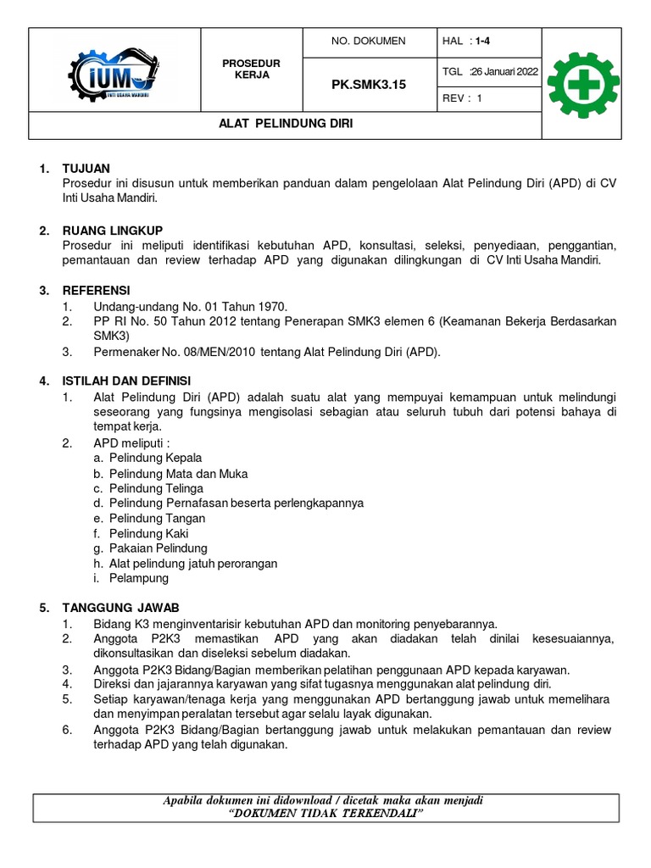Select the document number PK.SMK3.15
click(369, 85)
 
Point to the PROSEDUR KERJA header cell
click(251, 70)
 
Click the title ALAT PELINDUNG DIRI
click(286, 124)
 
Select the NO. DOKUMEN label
click(369, 41)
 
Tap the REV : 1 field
click(463, 98)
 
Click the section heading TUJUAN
click(86, 169)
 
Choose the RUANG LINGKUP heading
click(113, 231)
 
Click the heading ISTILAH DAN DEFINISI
click(127, 382)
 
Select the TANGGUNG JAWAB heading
click(121, 609)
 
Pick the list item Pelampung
click(138, 578)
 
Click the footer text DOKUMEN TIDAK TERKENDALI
click(326, 814)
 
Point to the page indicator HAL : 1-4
click(466, 41)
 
